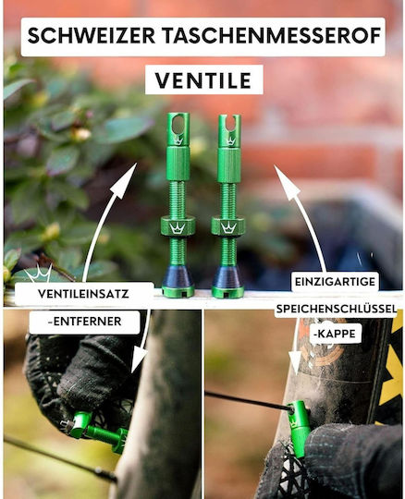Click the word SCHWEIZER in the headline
(92, 35)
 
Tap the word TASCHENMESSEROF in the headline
(273, 35)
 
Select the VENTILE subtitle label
(203, 80)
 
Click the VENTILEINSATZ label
(83, 294)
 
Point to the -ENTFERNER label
(84, 322)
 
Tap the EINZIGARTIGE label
(335, 282)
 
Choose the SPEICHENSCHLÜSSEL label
(337, 309)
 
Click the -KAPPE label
(335, 334)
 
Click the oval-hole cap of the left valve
(178, 129)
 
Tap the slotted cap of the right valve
(229, 131)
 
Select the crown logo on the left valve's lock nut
(177, 228)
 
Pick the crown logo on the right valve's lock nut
(229, 228)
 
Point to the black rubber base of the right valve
(228, 276)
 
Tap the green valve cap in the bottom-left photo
(79, 424)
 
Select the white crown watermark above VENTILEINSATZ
(39, 273)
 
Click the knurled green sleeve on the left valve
(178, 164)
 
